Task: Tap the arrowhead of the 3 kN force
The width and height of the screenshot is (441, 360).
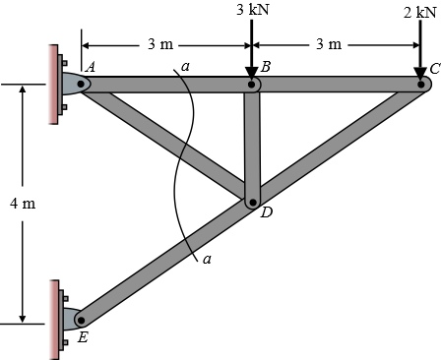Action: [254, 68]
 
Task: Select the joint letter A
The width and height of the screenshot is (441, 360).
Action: [91, 67]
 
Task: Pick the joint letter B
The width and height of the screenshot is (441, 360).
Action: [266, 67]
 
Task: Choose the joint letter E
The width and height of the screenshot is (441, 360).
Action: [82, 337]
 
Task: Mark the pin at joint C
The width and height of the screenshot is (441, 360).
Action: [421, 84]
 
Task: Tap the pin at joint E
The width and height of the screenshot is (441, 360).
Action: [81, 319]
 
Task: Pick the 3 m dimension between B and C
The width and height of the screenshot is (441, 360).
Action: [330, 44]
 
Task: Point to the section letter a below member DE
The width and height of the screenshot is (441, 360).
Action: [207, 260]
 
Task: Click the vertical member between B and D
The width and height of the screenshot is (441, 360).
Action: [253, 143]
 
